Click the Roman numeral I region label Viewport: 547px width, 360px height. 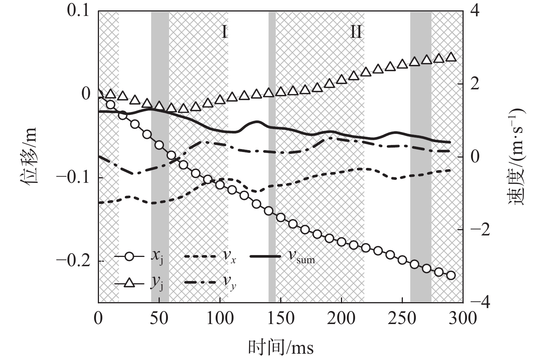click(224, 32)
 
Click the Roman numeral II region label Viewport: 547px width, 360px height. click(356, 32)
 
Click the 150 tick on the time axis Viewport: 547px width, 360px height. click(281, 318)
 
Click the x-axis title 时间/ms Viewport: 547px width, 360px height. click(281, 347)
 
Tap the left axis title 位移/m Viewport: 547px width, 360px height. click(28, 156)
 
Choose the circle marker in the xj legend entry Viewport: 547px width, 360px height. click(129, 257)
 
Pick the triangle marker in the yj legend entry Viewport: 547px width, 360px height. click(129, 283)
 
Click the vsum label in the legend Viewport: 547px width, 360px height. click(302, 257)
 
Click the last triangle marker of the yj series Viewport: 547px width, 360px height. click(451, 57)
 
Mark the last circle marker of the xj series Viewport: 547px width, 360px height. click(451, 275)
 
